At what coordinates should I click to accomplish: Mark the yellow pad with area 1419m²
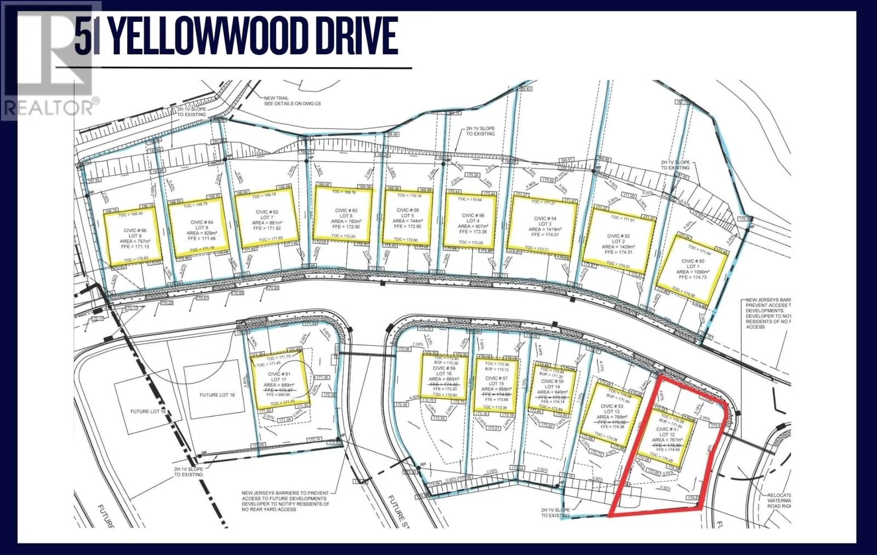[543, 224]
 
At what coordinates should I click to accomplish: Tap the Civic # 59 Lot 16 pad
[444, 377]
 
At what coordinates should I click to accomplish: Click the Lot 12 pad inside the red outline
[665, 436]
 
